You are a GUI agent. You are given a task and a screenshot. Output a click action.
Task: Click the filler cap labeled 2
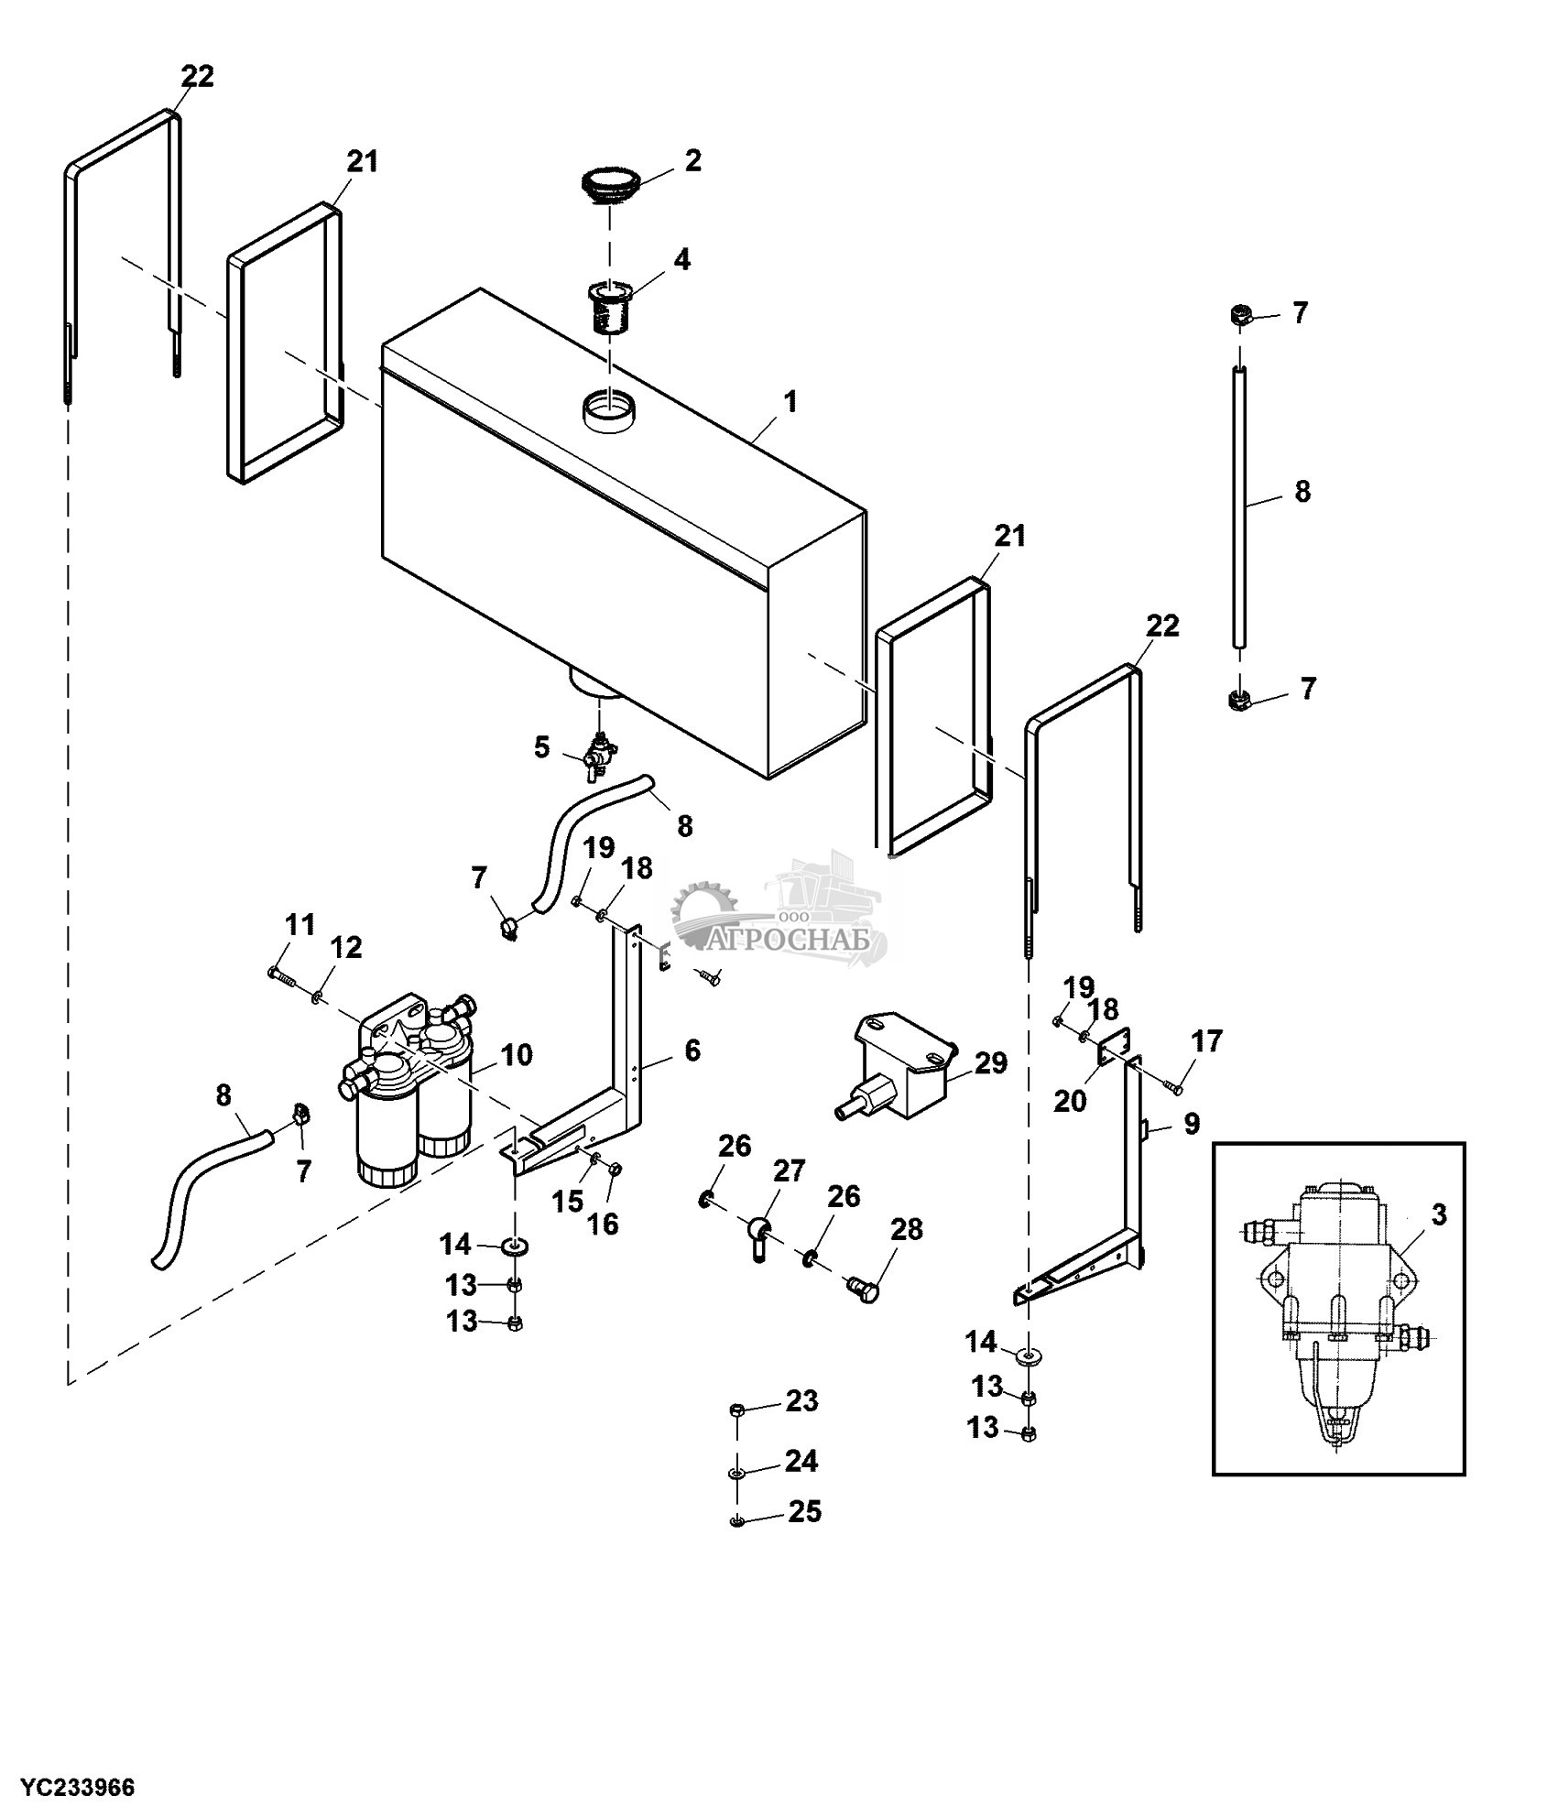coord(611,183)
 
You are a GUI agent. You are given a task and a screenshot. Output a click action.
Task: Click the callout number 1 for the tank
coord(790,402)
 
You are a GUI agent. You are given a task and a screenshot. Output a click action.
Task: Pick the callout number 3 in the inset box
coord(1438,1215)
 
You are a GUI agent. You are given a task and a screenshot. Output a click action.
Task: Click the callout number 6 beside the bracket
coord(692,1051)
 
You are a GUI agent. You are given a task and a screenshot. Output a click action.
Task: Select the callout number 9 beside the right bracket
coord(1191,1124)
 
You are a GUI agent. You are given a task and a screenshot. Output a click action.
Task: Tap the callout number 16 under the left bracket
coord(603,1224)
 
